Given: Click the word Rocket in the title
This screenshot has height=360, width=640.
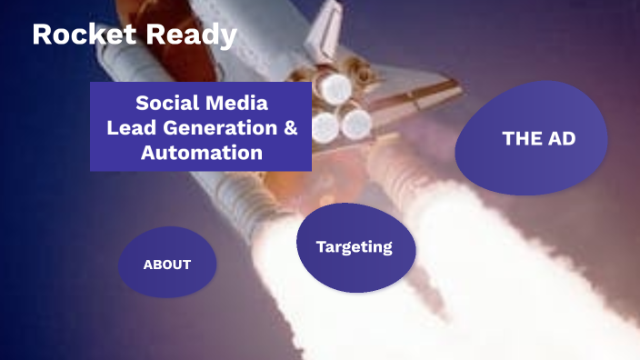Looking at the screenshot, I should [76, 35].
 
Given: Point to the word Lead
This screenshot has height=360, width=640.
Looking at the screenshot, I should [128, 127].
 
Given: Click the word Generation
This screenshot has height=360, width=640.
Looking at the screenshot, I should [215, 127].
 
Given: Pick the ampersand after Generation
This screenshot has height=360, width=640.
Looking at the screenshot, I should [290, 127].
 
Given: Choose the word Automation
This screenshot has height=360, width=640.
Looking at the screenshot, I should [202, 152].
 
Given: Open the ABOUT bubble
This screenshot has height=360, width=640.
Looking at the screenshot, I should [167, 265].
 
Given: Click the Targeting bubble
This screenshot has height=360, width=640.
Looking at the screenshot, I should [355, 246].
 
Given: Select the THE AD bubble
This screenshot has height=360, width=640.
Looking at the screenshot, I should [538, 138].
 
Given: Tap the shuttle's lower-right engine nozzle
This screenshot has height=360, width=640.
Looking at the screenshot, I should [355, 122].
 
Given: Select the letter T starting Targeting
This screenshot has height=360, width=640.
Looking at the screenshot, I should [321, 246].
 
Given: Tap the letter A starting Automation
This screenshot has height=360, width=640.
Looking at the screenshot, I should [148, 152].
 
